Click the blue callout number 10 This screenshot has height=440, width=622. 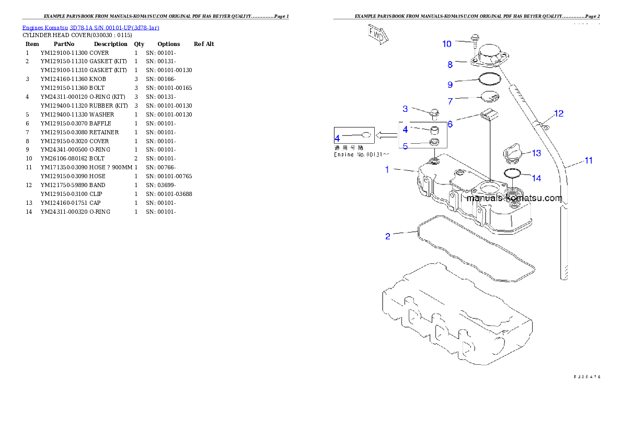click(x=447, y=44)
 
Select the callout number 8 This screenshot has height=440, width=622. click(x=450, y=65)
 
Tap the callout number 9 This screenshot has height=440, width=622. click(x=450, y=84)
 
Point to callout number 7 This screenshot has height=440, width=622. click(x=450, y=101)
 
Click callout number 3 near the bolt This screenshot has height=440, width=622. click(x=405, y=109)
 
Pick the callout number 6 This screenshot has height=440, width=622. click(x=450, y=124)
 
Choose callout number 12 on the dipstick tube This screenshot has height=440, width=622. click(x=559, y=113)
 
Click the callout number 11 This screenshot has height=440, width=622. click(x=589, y=161)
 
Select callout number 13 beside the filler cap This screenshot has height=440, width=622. click(x=536, y=153)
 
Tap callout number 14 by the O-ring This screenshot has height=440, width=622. click(x=536, y=178)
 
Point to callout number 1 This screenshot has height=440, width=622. click(x=387, y=169)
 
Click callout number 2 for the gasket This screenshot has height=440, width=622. click(x=387, y=236)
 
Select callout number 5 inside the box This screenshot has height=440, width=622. click(x=405, y=147)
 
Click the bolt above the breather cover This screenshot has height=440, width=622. click(x=476, y=40)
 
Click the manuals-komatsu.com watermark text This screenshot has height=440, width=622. click(x=514, y=199)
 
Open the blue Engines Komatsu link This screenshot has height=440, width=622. click(x=90, y=27)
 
